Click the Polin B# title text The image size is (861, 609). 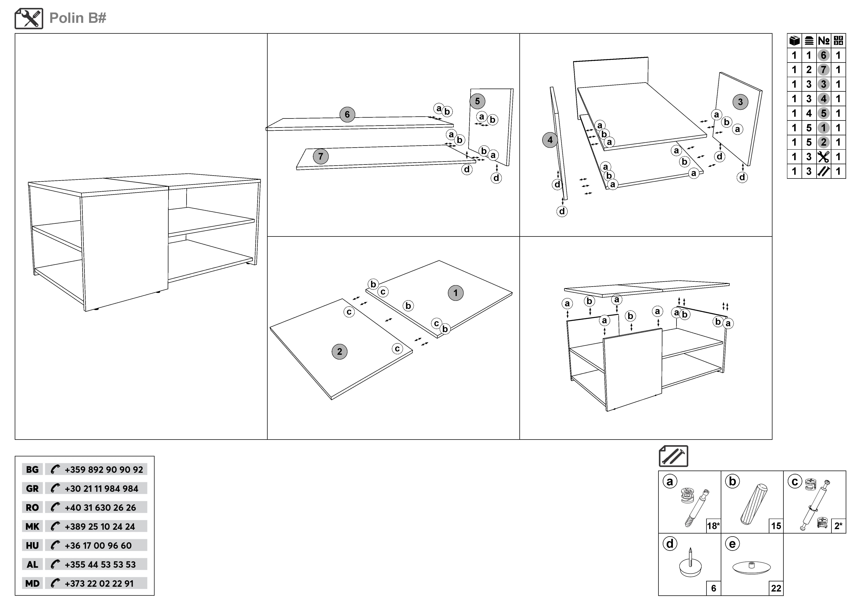point(78,18)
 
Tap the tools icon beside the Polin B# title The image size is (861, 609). point(29,18)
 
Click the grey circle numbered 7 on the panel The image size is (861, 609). point(321,156)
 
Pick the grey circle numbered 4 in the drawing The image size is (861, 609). point(550,140)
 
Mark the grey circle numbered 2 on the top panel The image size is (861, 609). point(339,352)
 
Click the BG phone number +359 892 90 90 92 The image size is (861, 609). point(103,469)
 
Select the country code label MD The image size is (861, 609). point(32,583)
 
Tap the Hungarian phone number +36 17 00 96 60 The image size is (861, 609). point(98,546)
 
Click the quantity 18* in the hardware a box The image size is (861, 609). point(713,526)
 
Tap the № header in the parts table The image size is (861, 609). point(823,41)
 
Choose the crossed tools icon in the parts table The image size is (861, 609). point(823,157)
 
